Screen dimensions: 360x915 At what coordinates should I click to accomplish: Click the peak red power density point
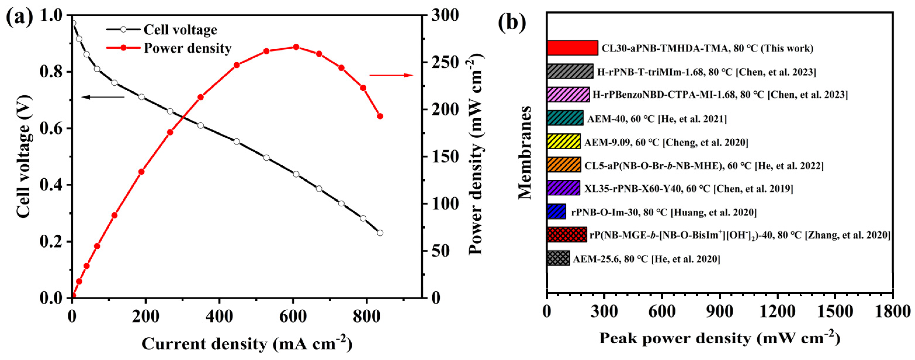click(x=296, y=47)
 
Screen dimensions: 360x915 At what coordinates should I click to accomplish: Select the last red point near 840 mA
click(x=380, y=116)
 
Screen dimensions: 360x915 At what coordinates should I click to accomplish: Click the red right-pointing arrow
click(x=391, y=75)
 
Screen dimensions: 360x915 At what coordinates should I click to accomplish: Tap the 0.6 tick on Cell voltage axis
click(x=53, y=128)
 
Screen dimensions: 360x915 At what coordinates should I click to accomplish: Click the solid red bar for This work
click(x=572, y=48)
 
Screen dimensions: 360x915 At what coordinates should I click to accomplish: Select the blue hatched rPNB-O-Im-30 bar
click(x=556, y=211)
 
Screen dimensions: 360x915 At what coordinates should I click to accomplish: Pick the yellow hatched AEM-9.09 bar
click(x=563, y=141)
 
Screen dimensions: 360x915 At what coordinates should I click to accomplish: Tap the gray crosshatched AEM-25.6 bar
click(x=558, y=258)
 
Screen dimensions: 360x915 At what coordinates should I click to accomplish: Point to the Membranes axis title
click(x=525, y=153)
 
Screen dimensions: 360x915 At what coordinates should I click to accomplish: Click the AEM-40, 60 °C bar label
click(x=657, y=119)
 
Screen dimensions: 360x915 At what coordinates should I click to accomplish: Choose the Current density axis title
click(x=246, y=344)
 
